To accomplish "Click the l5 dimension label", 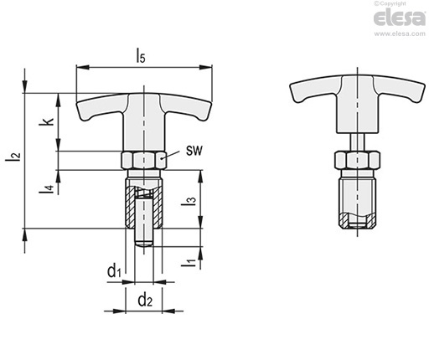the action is (x=141, y=55).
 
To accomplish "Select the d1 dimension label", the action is (x=114, y=271).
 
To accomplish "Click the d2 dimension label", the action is (x=145, y=300).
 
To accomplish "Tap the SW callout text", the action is (x=194, y=151).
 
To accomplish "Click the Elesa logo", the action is (x=400, y=18).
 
